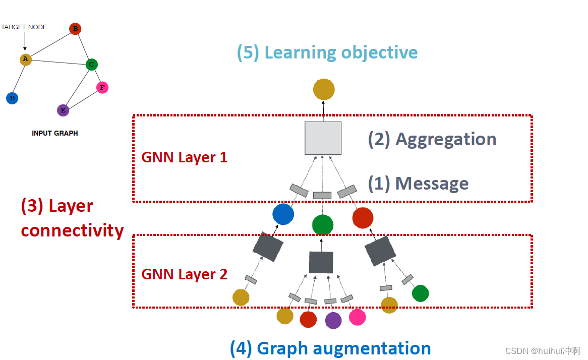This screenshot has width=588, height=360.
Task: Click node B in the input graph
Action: click(75, 29)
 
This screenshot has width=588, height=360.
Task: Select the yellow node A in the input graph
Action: click(26, 59)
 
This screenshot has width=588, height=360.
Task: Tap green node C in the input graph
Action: click(91, 64)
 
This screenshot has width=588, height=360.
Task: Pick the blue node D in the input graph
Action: click(12, 98)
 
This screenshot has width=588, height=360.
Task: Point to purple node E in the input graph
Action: click(63, 110)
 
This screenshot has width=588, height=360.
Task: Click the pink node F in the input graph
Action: click(102, 88)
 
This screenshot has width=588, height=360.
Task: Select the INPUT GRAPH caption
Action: click(55, 134)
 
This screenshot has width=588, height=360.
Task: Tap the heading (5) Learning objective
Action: click(327, 52)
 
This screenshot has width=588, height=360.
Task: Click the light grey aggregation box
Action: click(323, 138)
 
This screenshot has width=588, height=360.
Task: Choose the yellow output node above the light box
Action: click(324, 90)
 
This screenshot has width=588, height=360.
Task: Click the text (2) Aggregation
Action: click(432, 139)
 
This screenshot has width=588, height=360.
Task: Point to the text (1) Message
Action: click(418, 184)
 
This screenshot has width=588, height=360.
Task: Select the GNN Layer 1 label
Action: click(184, 157)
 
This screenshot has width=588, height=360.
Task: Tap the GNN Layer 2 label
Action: click(184, 274)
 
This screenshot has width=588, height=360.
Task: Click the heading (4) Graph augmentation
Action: click(330, 348)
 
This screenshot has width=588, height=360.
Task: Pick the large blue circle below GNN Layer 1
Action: click(283, 214)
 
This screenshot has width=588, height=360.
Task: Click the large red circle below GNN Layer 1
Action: click(363, 218)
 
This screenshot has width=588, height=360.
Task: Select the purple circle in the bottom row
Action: click(333, 320)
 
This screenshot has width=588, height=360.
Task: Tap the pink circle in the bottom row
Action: click(357, 317)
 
